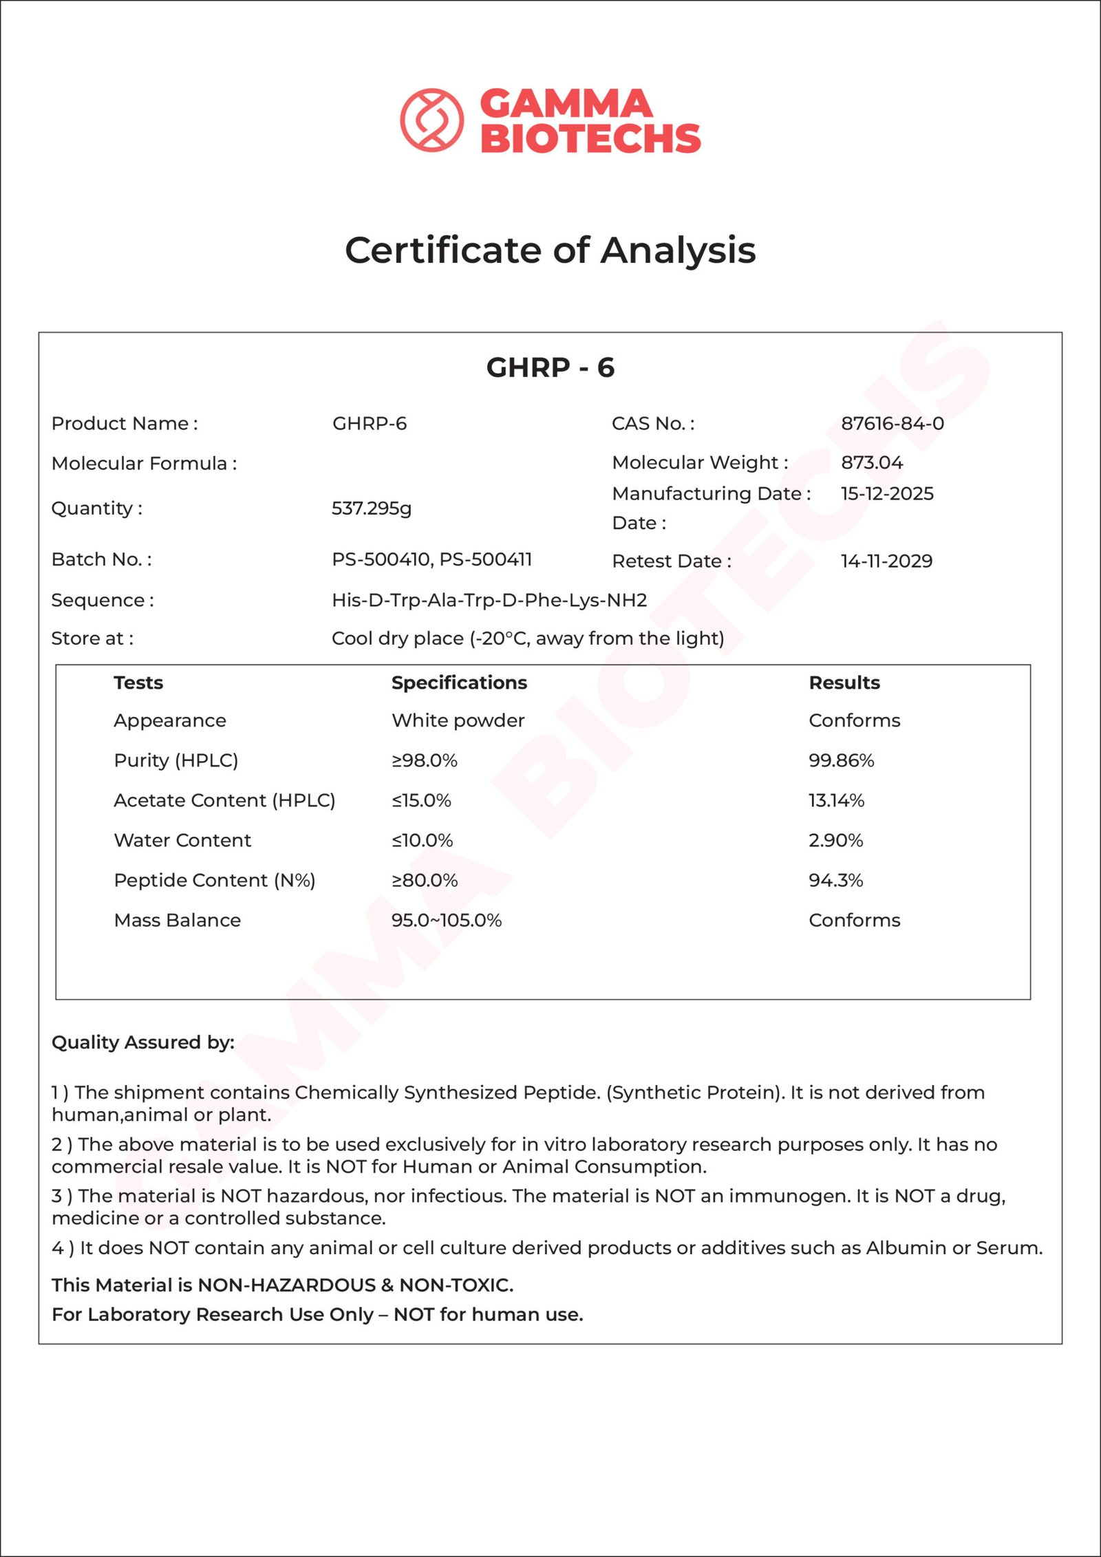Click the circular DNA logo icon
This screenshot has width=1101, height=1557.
coord(431,120)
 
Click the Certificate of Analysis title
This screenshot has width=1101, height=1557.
coord(550,250)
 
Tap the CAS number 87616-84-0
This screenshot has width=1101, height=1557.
coord(892,423)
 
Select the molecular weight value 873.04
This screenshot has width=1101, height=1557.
coord(871,462)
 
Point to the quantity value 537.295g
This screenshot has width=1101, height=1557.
coord(371,508)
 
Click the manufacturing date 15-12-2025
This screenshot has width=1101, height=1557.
coord(886,493)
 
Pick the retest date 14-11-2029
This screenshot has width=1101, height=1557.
coord(886,561)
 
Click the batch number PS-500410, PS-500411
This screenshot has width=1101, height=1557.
coord(431,559)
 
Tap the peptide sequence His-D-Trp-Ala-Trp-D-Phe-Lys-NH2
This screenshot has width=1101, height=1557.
coord(489,600)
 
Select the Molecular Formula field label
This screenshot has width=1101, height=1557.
coord(144,463)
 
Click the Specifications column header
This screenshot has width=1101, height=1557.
coord(459,683)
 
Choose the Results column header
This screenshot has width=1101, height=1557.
coord(844,683)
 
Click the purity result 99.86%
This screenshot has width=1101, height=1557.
coord(841,760)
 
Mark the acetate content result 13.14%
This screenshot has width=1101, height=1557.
coord(836,800)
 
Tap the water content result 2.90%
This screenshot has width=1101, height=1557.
coord(835,840)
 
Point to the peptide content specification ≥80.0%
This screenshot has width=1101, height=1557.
coord(425,880)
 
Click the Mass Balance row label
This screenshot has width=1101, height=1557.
coord(178,920)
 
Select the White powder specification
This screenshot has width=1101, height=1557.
coord(458,720)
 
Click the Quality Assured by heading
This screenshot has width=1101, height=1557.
coord(143,1042)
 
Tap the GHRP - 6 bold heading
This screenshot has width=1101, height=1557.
coord(550,367)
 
